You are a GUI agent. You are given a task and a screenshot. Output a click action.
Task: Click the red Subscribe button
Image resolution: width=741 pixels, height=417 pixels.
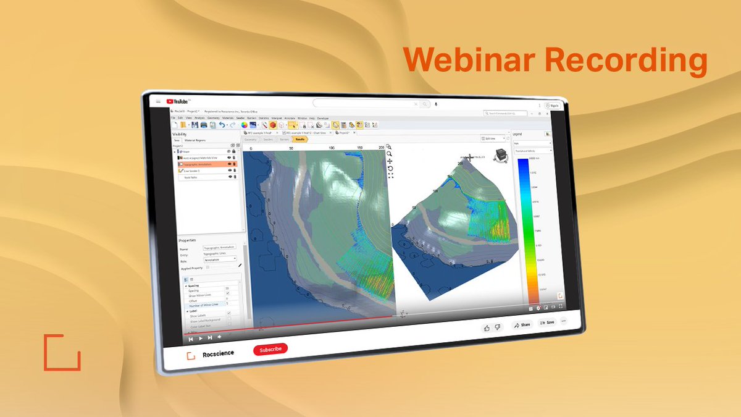(x=270, y=350)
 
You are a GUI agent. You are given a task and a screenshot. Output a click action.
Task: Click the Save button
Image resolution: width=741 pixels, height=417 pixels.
(x=546, y=322)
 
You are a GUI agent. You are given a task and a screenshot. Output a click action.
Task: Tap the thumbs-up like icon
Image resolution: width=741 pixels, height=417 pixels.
(x=487, y=327)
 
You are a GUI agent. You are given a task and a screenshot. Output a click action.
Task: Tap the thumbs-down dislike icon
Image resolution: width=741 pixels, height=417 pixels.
(x=498, y=327)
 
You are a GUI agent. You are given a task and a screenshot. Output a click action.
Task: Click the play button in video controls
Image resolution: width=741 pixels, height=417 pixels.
(x=201, y=339)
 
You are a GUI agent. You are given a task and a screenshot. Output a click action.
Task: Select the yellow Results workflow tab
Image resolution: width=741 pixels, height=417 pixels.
(x=300, y=140)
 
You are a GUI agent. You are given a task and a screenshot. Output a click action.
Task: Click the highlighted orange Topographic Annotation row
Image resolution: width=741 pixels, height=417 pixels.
(x=204, y=164)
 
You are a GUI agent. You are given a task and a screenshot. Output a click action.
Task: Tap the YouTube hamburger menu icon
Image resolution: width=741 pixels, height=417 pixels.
(x=159, y=101)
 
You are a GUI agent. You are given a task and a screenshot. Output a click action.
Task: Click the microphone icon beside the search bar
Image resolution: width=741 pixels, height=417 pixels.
(x=436, y=104)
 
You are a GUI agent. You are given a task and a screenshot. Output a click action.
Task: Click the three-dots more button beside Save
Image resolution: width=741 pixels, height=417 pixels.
(x=563, y=321)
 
